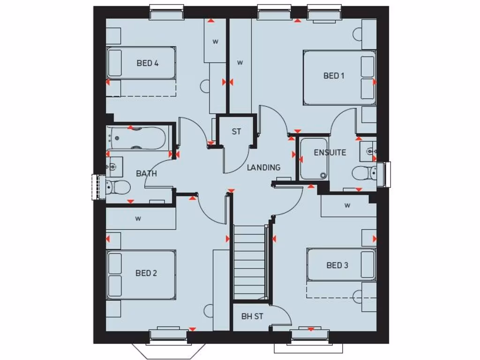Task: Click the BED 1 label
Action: pyautogui.click(x=334, y=75)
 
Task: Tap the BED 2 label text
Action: pyautogui.click(x=146, y=273)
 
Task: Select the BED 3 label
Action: pyautogui.click(x=337, y=265)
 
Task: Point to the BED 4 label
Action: pyautogui.click(x=147, y=63)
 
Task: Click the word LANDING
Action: pyautogui.click(x=264, y=167)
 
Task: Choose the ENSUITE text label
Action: pyautogui.click(x=330, y=152)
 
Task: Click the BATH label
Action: pyautogui.click(x=146, y=173)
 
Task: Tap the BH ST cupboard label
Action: pyautogui.click(x=252, y=316)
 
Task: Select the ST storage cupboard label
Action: pyautogui.click(x=236, y=132)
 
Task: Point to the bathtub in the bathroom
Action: pyautogui.click(x=136, y=138)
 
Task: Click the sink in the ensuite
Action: pyautogui.click(x=369, y=151)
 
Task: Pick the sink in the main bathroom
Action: pyautogui.click(x=114, y=165)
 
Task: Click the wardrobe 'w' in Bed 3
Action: pyautogui.click(x=347, y=205)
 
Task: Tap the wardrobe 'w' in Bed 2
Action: pyautogui.click(x=139, y=218)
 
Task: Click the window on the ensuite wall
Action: pyautogui.click(x=387, y=174)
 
